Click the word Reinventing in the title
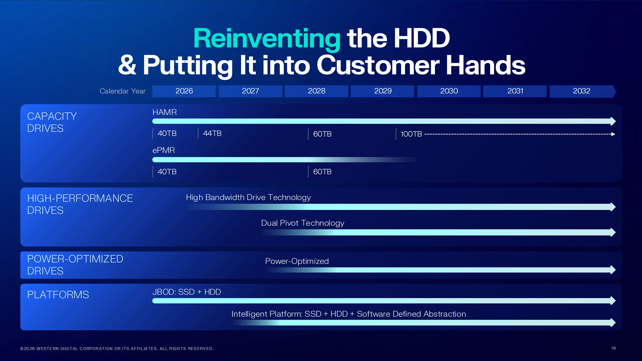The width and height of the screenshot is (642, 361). point(267,39)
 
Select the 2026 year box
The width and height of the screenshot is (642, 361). point(184,91)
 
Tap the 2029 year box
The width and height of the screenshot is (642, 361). point(383,91)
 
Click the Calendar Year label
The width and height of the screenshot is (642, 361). point(123,91)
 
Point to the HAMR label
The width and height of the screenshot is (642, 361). point(165,112)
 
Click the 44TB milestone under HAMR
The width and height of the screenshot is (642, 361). point(212,133)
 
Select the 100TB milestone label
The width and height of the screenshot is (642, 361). point(411,134)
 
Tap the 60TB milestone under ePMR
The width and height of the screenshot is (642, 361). point(322,172)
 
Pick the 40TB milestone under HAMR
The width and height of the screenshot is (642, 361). point(167,133)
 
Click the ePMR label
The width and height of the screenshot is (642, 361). point(164,150)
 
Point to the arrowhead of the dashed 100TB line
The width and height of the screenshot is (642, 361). point(613,134)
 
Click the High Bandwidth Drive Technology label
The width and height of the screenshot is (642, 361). point(248,198)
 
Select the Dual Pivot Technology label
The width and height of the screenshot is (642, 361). point(303,223)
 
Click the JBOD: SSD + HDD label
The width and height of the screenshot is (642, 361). point(187,292)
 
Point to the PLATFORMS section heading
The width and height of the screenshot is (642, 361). point(58,295)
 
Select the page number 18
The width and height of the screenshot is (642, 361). point(613,348)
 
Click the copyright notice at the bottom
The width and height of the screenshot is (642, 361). point(117,349)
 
